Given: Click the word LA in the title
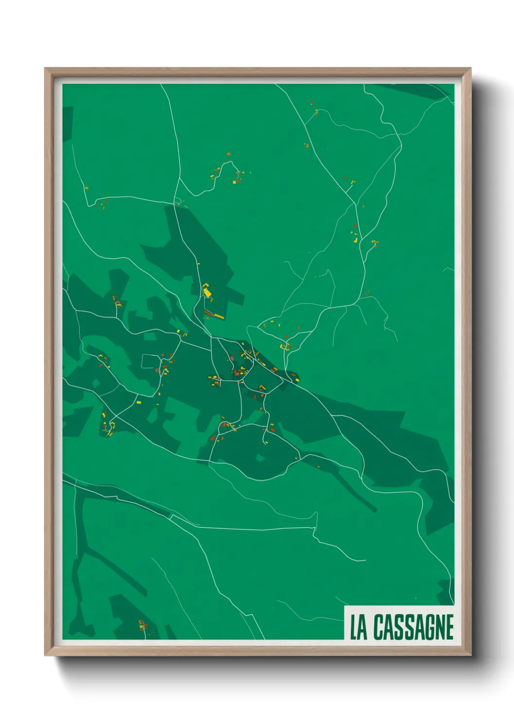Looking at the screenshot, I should [359, 627].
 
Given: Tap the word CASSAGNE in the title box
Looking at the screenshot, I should [413, 627].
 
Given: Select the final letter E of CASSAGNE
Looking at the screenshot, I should [449, 627].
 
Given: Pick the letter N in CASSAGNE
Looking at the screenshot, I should [439, 627].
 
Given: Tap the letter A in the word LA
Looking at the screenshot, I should [362, 627].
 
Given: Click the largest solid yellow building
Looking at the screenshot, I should [207, 292].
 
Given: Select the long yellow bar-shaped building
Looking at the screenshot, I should [219, 316].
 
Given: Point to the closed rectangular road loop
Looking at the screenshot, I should [151, 361].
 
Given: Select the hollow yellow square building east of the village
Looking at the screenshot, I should [285, 346].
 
